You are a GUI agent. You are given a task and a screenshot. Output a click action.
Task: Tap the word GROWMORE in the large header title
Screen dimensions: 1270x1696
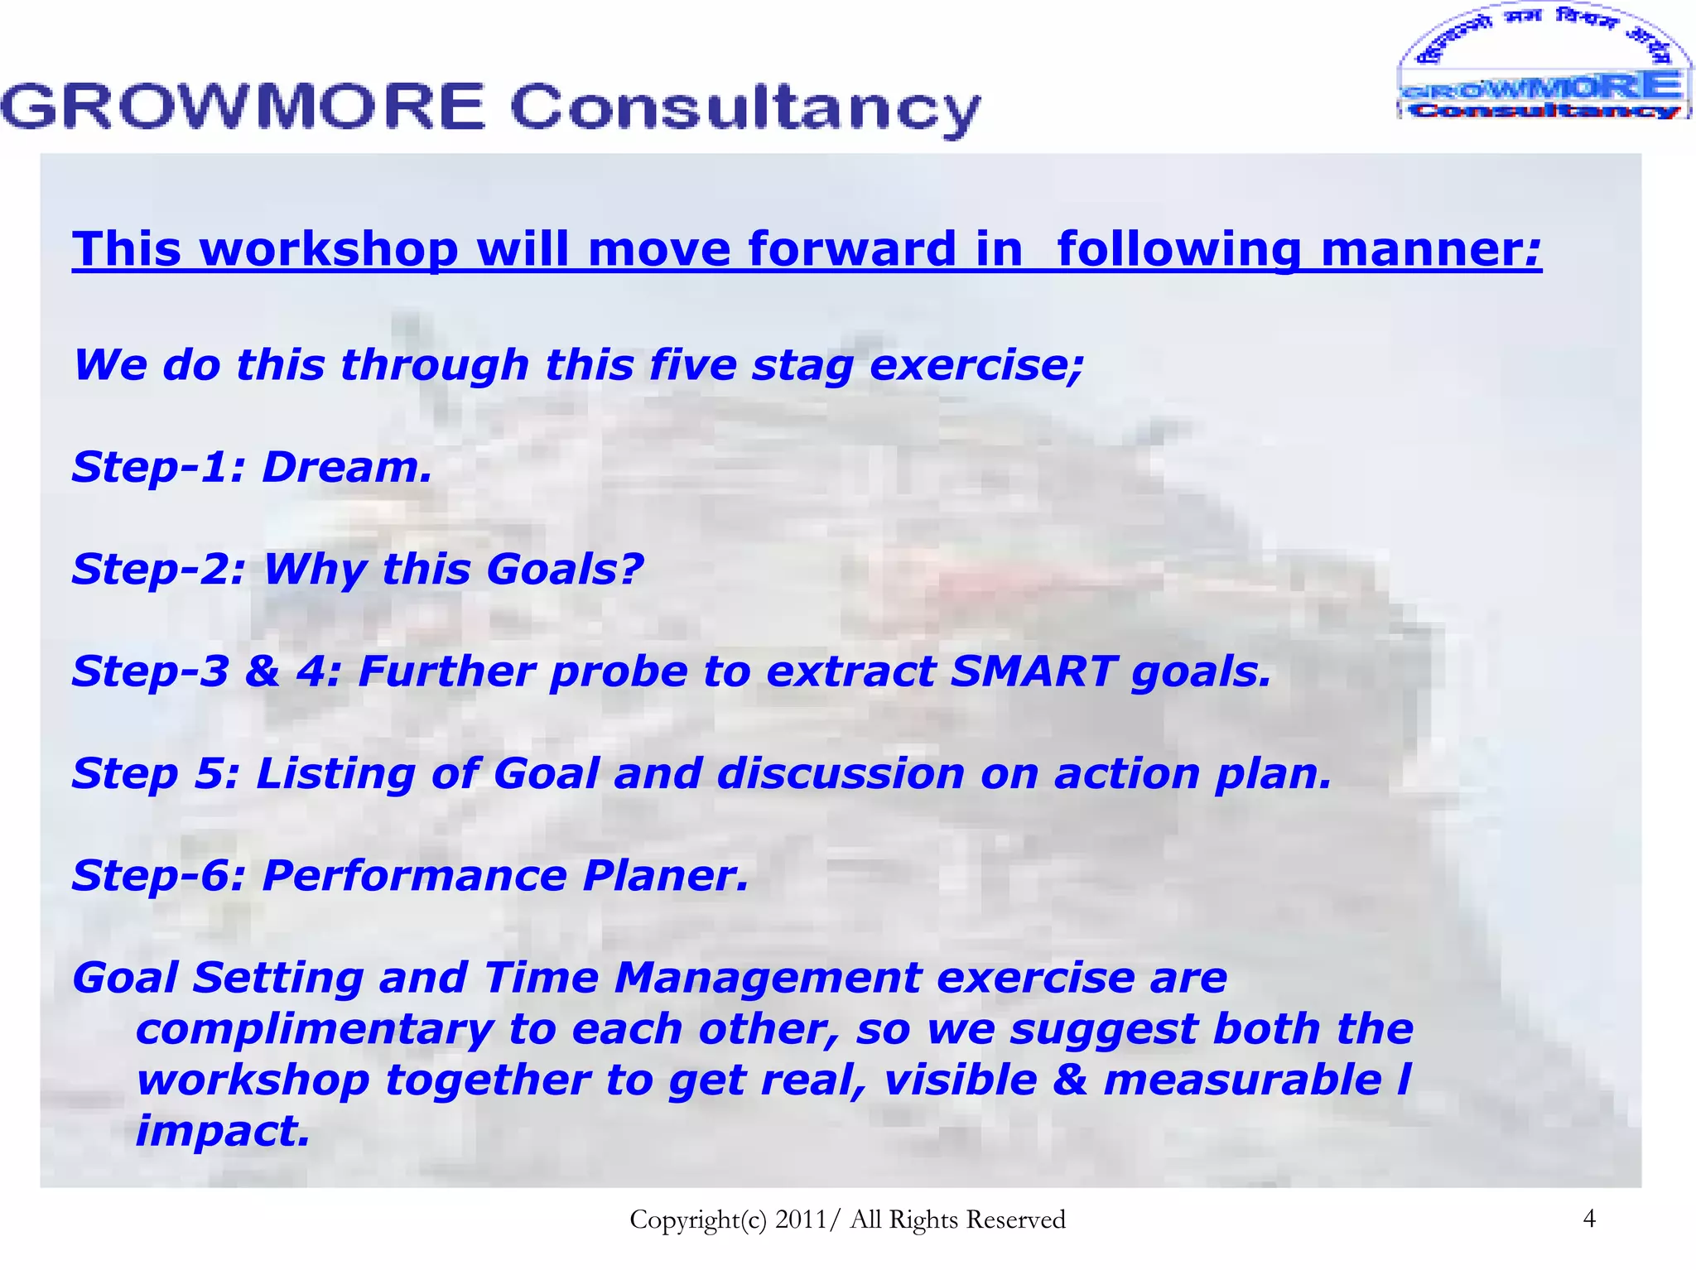point(243,108)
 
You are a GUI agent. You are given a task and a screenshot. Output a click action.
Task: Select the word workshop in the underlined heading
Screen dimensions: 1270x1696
point(329,249)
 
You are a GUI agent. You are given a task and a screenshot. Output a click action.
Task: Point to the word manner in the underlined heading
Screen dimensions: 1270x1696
point(1429,249)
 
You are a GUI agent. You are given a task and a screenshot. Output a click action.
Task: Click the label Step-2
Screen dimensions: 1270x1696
point(157,570)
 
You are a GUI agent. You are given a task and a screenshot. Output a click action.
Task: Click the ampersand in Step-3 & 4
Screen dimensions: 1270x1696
point(262,671)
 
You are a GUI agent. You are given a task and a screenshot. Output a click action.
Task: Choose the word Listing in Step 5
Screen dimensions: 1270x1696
point(335,774)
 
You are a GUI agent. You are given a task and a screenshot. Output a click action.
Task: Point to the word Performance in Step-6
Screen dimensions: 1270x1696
point(414,876)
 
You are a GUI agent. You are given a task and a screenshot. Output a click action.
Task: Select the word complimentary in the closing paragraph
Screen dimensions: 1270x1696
point(315,1030)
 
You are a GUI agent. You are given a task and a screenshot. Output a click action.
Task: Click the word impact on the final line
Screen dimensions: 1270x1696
point(222,1131)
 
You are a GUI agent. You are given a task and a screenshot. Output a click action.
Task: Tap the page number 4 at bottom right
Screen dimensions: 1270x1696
point(1588,1218)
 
